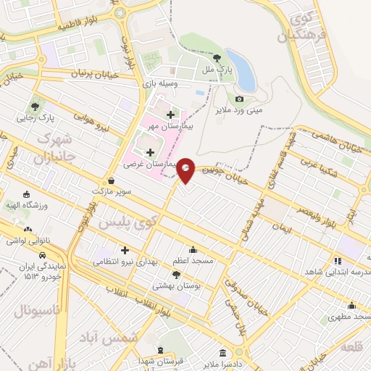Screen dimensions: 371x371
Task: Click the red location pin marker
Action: pyautogui.click(x=186, y=170)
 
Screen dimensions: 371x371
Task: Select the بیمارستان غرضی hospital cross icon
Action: pyautogui.click(x=150, y=152)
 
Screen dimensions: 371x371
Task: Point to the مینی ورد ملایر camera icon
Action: pyautogui.click(x=239, y=99)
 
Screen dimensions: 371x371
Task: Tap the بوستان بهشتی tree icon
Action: pyautogui.click(x=177, y=274)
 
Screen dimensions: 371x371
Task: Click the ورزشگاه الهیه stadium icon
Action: pyautogui.click(x=27, y=194)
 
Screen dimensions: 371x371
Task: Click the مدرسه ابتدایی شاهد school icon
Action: pyautogui.click(x=336, y=260)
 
